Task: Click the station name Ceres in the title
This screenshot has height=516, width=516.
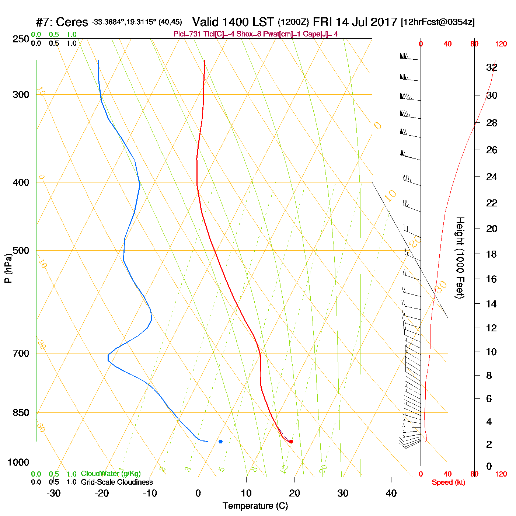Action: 72,22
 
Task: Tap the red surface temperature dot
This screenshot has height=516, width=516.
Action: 291,441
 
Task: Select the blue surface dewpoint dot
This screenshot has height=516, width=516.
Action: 220,441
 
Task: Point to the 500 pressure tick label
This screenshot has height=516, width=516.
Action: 21,251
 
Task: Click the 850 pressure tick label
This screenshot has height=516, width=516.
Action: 21,413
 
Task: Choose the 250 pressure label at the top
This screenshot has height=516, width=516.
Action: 21,39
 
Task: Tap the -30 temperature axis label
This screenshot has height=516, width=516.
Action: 53,493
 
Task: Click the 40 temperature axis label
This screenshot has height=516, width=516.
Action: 391,493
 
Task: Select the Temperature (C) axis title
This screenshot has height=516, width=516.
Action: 255,506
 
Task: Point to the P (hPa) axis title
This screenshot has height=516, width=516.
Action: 8,268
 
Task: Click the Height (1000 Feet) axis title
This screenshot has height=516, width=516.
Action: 460,258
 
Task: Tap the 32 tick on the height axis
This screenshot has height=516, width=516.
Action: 492,67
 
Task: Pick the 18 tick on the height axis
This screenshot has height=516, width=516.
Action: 491,254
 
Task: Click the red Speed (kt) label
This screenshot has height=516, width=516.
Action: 448,482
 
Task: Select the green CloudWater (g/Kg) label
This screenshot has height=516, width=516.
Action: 111,474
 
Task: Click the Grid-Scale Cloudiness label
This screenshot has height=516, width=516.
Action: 117,482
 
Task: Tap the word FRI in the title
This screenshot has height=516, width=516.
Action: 323,22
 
